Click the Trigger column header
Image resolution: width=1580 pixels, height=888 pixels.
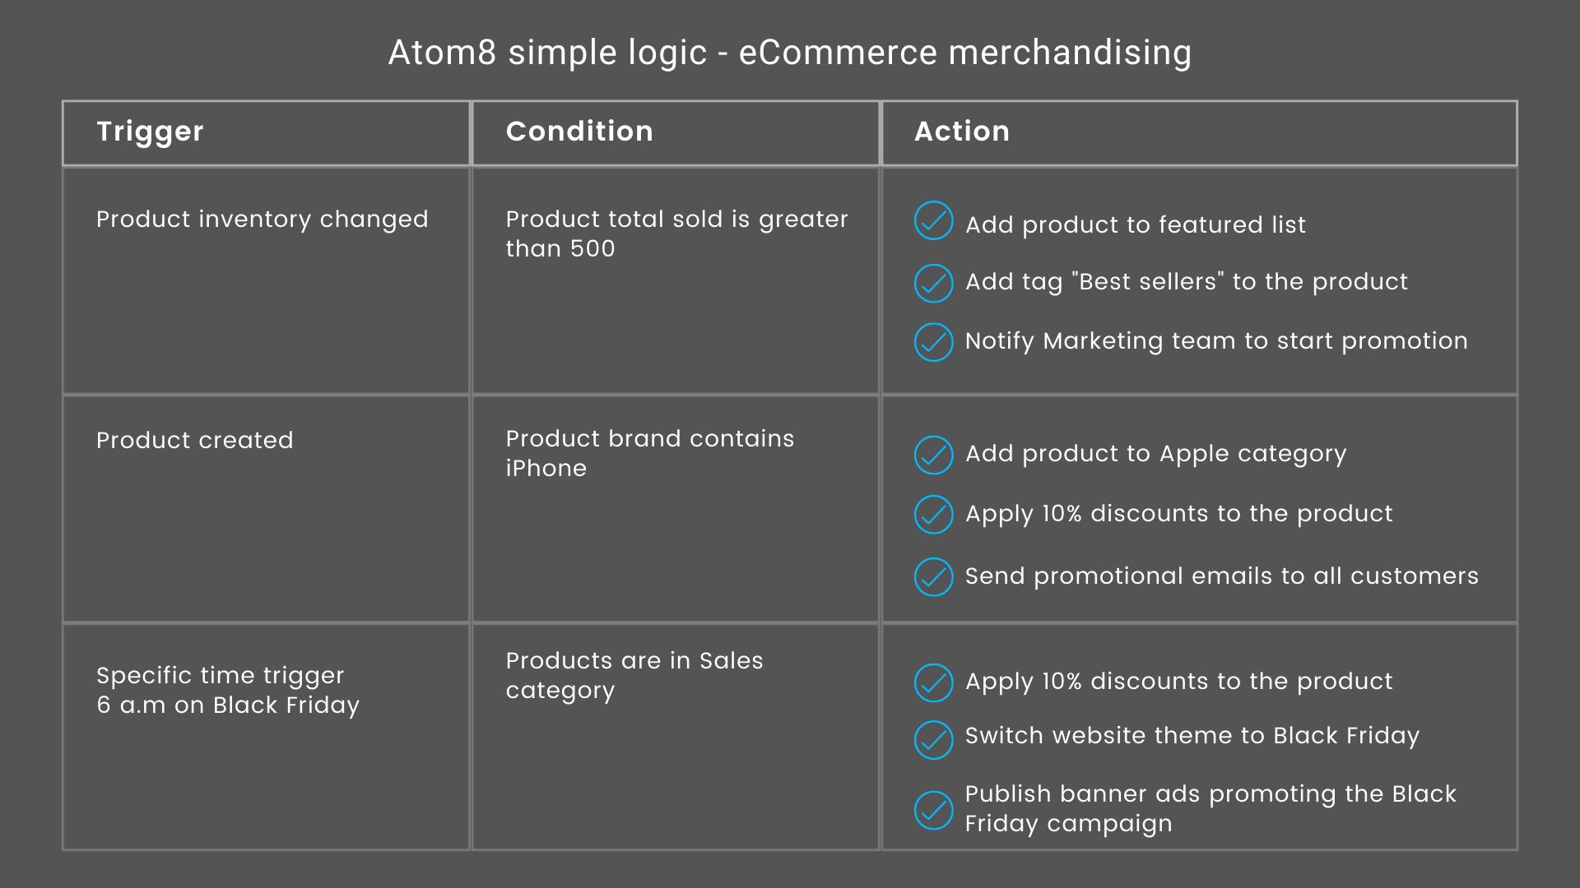(x=150, y=132)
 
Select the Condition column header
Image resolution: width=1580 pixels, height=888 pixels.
(x=579, y=132)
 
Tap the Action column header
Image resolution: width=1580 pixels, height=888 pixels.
(x=962, y=132)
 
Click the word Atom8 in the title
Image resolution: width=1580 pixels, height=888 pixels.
(x=443, y=53)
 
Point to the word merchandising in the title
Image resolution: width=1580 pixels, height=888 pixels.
(x=1071, y=53)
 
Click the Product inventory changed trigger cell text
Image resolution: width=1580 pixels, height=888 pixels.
(x=263, y=220)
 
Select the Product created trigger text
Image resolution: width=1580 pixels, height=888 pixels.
(x=195, y=440)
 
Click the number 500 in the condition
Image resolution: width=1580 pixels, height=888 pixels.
(x=592, y=248)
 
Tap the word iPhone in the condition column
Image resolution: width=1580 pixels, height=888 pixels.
(x=546, y=468)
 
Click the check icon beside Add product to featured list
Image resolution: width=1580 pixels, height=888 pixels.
(x=933, y=220)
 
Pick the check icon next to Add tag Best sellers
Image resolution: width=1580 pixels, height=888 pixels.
(x=933, y=283)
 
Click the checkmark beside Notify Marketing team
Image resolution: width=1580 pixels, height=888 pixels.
(x=933, y=342)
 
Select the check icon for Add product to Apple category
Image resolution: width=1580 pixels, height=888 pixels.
(x=933, y=455)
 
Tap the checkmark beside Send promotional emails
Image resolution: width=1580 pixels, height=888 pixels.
(x=933, y=576)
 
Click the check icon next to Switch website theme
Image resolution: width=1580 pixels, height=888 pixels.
(x=933, y=739)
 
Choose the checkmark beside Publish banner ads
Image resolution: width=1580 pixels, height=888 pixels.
(x=933, y=810)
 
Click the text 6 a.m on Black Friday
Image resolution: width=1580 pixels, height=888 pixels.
(x=228, y=705)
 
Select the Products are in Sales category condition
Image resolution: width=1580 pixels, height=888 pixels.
(x=634, y=675)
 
